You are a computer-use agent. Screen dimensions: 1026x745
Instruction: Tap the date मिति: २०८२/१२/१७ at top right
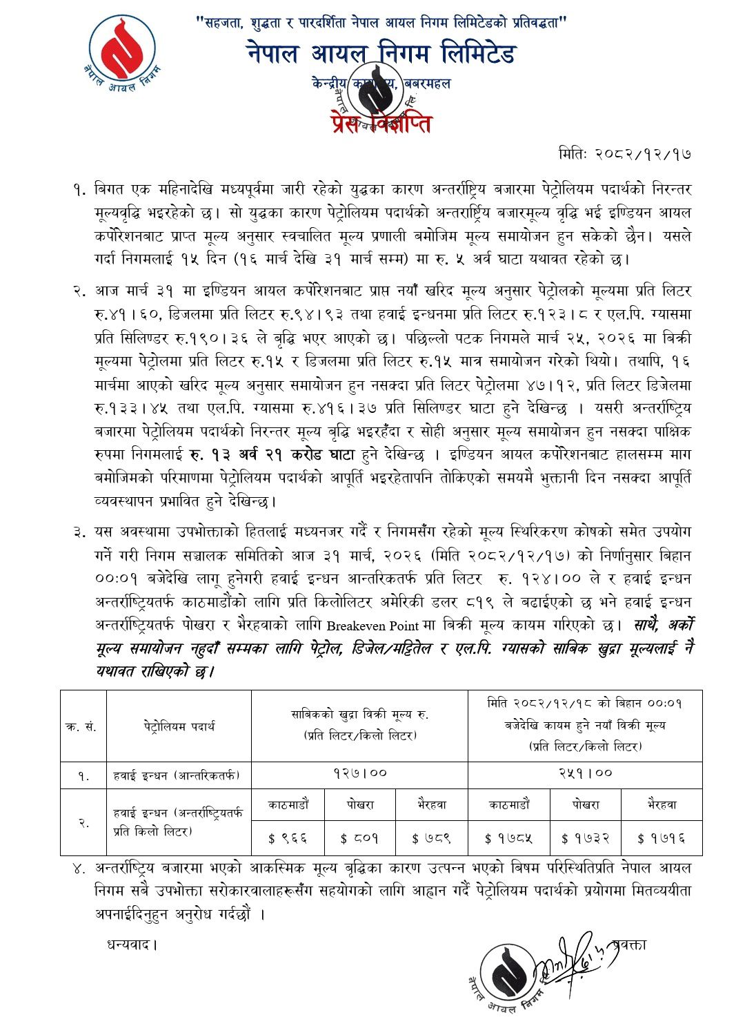point(624,153)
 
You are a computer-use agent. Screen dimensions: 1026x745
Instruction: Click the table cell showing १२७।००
point(359,773)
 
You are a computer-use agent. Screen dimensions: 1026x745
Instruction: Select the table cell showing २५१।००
point(585,773)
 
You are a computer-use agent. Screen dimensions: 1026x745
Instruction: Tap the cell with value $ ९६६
point(288,838)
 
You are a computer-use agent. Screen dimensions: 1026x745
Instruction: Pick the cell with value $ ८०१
point(359,838)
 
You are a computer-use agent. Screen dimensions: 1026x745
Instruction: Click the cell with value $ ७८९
point(431,838)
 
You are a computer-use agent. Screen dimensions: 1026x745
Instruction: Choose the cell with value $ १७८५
point(508,838)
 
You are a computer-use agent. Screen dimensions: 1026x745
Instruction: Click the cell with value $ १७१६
point(661,838)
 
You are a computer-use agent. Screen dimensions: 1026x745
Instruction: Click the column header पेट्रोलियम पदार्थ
point(179,726)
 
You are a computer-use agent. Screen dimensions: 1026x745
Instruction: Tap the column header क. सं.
point(83,726)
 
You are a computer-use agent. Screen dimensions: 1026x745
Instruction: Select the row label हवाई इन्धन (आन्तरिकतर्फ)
point(177,775)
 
